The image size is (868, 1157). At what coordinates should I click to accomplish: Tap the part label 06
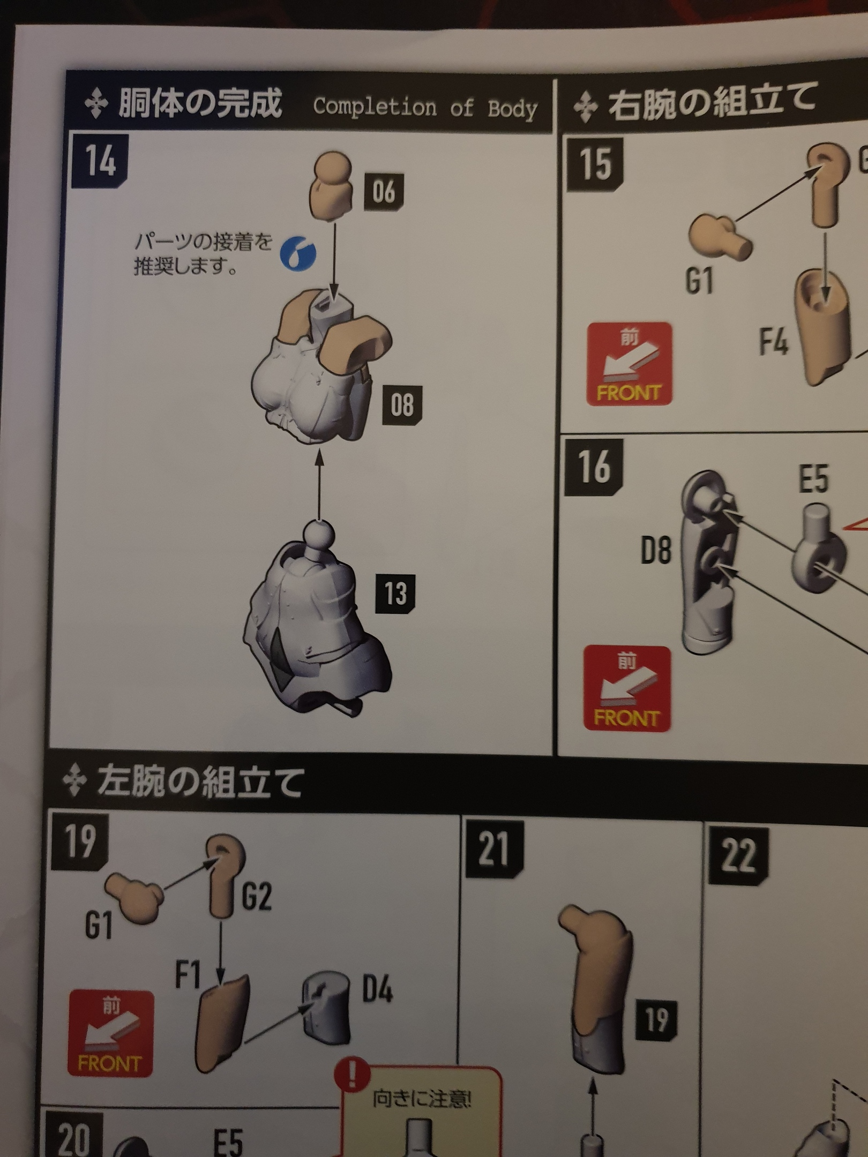(x=384, y=191)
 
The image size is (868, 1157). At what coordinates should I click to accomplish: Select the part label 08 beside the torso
(x=402, y=404)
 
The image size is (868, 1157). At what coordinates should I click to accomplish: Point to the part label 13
(x=395, y=593)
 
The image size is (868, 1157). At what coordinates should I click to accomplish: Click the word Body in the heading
(x=512, y=109)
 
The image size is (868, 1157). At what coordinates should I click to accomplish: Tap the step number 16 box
(x=594, y=467)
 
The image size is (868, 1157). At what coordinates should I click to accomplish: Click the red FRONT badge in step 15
(x=629, y=364)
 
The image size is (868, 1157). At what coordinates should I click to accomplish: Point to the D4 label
(x=377, y=989)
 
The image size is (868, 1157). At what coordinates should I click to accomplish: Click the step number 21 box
(x=494, y=850)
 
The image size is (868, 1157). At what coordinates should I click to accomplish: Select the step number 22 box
(x=738, y=855)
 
